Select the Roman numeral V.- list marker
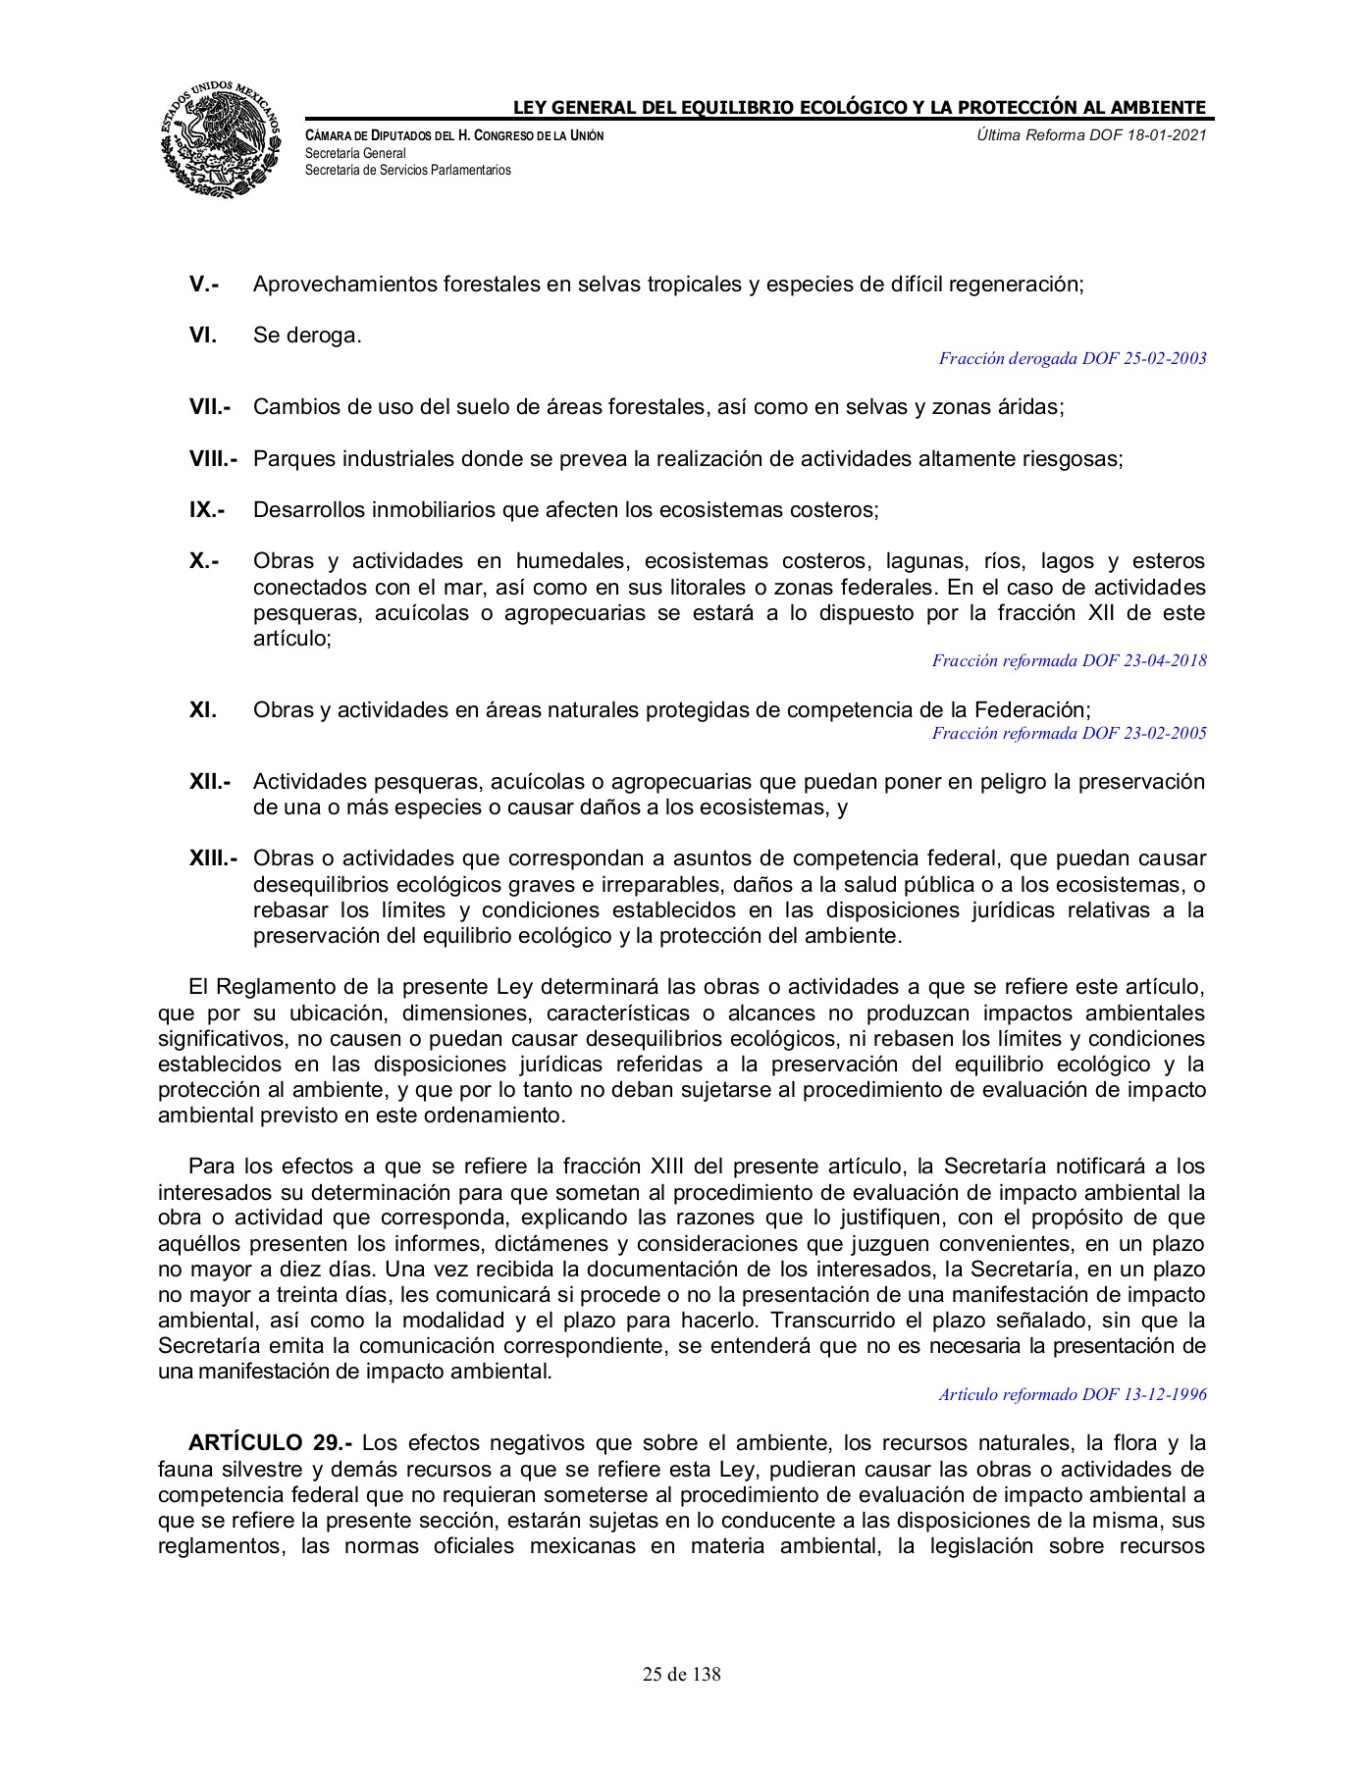(x=203, y=285)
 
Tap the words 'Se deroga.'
(x=307, y=336)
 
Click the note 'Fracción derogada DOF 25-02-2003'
(x=1072, y=359)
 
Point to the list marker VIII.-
(x=214, y=459)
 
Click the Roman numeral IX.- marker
(x=207, y=510)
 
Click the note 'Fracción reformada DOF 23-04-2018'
(x=1069, y=661)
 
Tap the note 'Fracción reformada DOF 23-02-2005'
(x=1069, y=734)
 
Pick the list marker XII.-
(x=210, y=783)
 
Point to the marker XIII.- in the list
(x=214, y=859)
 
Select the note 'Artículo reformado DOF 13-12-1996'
(x=1072, y=1394)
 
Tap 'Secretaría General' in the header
(x=355, y=154)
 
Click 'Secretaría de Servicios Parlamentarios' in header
(x=408, y=170)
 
